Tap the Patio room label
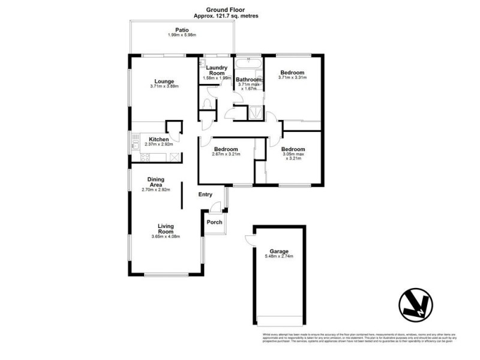pyautogui.click(x=182, y=29)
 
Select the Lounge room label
pyautogui.click(x=164, y=82)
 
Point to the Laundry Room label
pyautogui.click(x=217, y=70)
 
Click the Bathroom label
pyautogui.click(x=248, y=79)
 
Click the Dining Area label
pyautogui.click(x=156, y=182)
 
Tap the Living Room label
pyautogui.click(x=166, y=229)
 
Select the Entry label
pyautogui.click(x=205, y=194)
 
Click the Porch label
pyautogui.click(x=214, y=222)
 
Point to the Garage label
pyautogui.click(x=279, y=251)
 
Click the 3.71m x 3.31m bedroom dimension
pyautogui.click(x=292, y=77)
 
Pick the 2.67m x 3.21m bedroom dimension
pyautogui.click(x=226, y=154)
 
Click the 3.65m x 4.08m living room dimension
pyautogui.click(x=165, y=236)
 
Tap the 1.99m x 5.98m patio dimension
pyautogui.click(x=182, y=35)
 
